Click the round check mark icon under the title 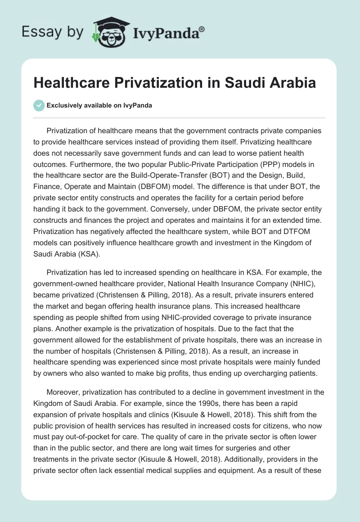pyautogui.click(x=39, y=105)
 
